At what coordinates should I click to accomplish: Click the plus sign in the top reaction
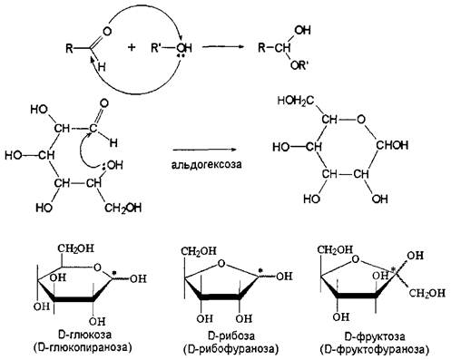point(132,47)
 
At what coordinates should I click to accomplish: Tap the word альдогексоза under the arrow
point(206,165)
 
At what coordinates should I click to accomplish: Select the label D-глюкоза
point(84,335)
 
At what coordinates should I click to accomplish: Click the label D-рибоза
point(231,336)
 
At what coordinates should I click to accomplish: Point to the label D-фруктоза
point(375,336)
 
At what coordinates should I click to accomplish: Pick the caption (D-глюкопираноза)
point(83,347)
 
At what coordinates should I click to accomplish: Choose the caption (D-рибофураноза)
point(230,349)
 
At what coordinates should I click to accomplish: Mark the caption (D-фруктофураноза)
point(374,350)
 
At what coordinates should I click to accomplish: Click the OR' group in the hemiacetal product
point(299,65)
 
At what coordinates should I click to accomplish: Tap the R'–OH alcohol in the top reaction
point(172,48)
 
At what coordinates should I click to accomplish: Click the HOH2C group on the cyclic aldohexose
point(296,102)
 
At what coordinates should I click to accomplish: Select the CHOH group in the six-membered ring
point(392,145)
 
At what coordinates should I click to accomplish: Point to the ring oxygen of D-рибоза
point(221,264)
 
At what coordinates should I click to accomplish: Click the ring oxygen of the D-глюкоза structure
point(97,268)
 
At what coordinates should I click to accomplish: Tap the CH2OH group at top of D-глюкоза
point(76,248)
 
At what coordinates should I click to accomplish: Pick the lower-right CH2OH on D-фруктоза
point(427,293)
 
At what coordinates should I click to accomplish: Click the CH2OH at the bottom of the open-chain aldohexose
point(123,208)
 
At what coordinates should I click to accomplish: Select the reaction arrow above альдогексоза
point(204,150)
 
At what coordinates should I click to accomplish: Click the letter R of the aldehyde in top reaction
point(70,48)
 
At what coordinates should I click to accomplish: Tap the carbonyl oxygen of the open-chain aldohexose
point(104,103)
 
